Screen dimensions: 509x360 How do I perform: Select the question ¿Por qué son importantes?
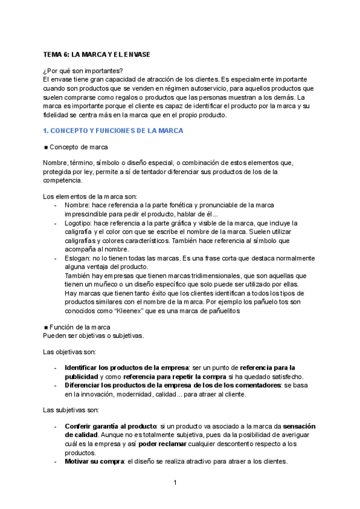tap(83, 70)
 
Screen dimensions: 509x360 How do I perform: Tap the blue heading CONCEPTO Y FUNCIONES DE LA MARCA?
tap(113, 130)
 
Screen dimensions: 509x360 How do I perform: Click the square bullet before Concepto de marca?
tap(46, 147)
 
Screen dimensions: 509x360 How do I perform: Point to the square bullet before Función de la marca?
tap(46, 327)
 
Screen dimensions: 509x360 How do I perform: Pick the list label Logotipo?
tap(79, 223)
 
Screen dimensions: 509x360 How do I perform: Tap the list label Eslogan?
tap(78, 258)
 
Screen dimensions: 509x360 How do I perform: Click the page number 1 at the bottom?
tap(175, 483)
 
